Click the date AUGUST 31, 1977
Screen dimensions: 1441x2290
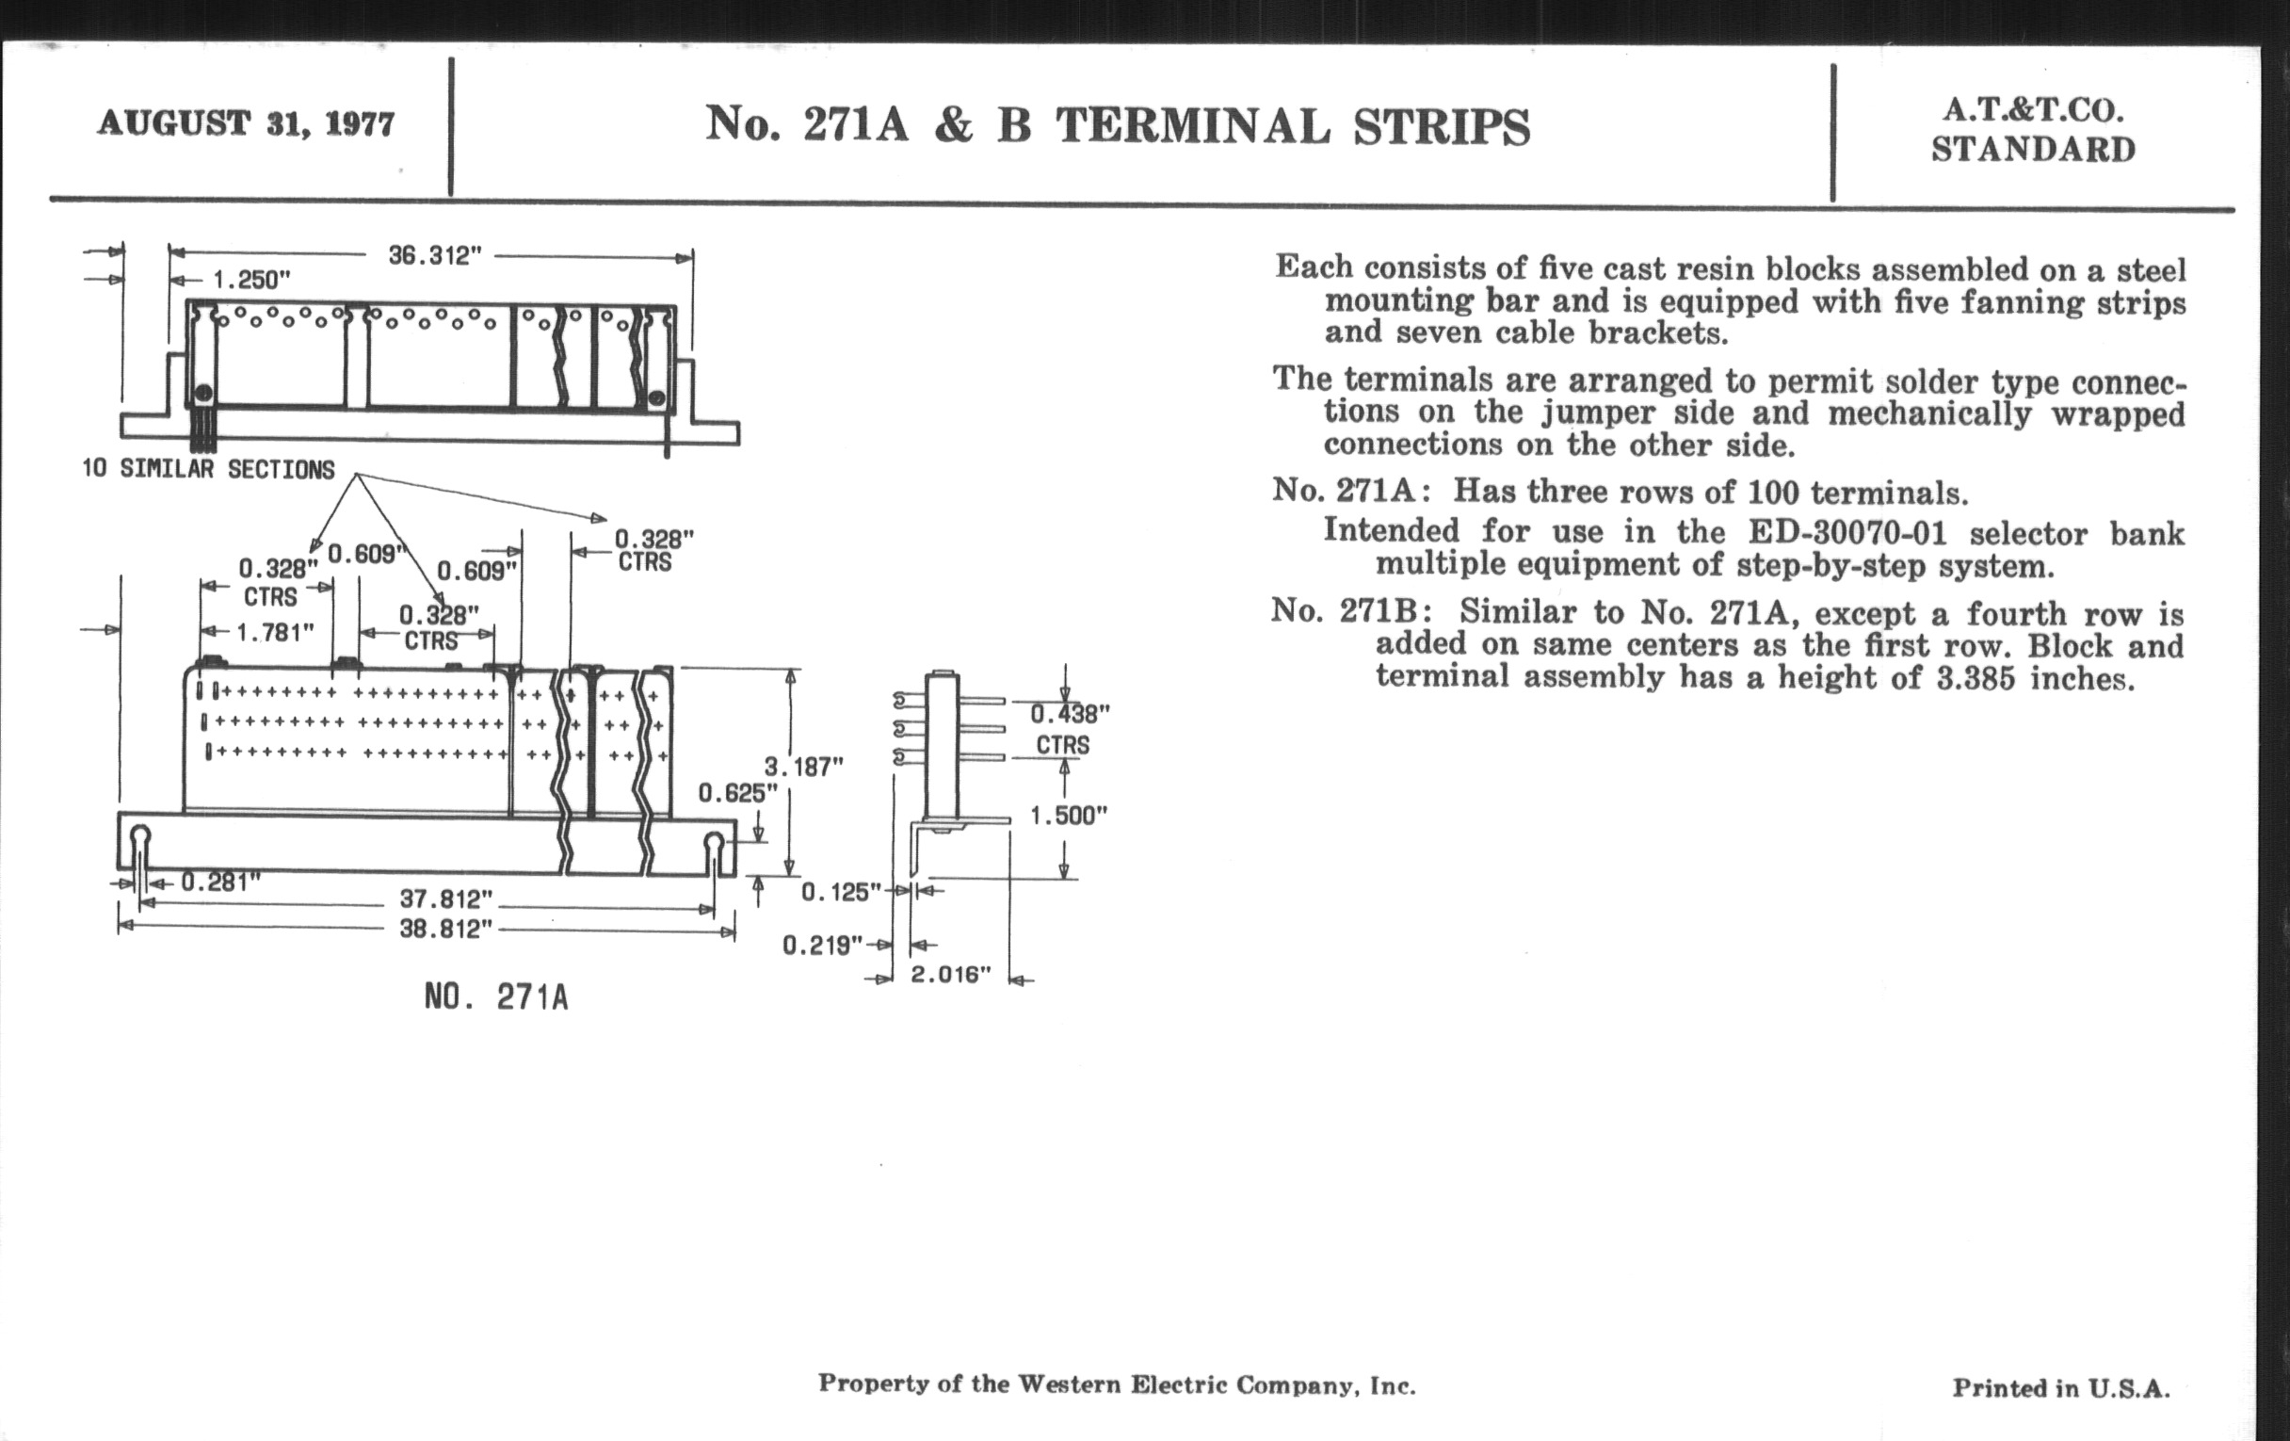246,123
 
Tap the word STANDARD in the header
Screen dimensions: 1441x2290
2033,151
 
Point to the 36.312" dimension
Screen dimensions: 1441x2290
435,256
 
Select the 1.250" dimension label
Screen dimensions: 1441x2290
250,281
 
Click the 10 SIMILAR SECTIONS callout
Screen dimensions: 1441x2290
208,470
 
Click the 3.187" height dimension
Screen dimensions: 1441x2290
803,767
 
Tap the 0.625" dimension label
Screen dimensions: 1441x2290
738,793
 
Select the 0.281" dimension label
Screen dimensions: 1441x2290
219,882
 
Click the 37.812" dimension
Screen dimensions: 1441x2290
446,899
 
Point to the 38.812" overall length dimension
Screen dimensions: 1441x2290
446,929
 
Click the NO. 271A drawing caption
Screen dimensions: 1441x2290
495,997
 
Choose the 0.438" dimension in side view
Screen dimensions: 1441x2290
1070,714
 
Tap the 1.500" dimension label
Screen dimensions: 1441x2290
1069,816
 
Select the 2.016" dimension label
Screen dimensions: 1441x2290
951,975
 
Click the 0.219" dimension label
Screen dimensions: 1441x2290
822,945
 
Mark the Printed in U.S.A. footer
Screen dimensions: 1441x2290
2061,1388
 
